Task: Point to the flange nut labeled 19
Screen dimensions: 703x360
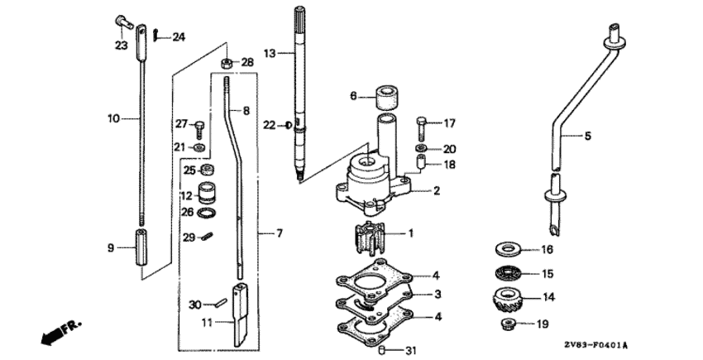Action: pyautogui.click(x=507, y=323)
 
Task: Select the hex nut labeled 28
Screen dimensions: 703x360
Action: pyautogui.click(x=226, y=63)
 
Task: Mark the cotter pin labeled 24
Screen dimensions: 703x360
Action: pyautogui.click(x=155, y=34)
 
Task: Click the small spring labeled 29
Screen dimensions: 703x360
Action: pyautogui.click(x=206, y=236)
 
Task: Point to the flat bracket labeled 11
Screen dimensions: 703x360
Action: pyautogui.click(x=240, y=315)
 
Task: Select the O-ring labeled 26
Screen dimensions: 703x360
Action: pyautogui.click(x=206, y=213)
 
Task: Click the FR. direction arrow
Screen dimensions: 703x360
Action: pyautogui.click(x=61, y=332)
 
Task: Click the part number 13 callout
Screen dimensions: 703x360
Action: pyautogui.click(x=270, y=54)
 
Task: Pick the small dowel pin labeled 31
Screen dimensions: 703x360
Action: pyautogui.click(x=383, y=350)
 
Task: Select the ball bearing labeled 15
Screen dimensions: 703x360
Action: pyautogui.click(x=507, y=272)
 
